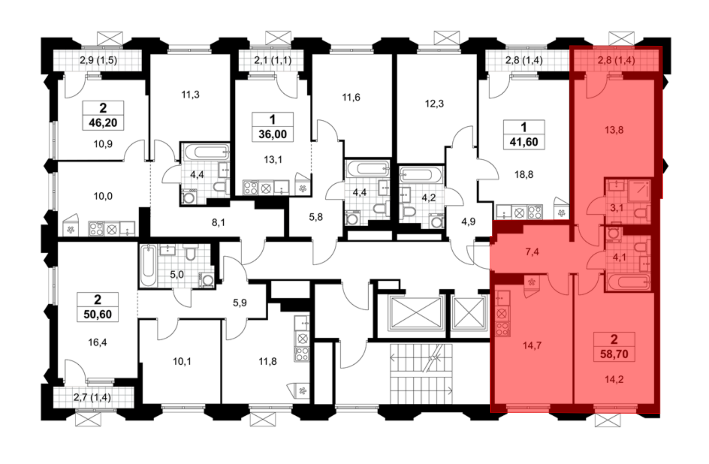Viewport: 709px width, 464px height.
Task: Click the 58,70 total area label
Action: pyautogui.click(x=614, y=354)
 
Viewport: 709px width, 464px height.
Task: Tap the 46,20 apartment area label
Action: pyautogui.click(x=103, y=123)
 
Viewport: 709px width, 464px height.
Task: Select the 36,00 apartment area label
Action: pyautogui.click(x=272, y=134)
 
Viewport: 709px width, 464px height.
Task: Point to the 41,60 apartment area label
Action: pyautogui.click(x=524, y=142)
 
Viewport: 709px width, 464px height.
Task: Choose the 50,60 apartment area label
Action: pyautogui.click(x=97, y=314)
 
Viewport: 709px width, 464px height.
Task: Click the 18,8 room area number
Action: pyautogui.click(x=524, y=175)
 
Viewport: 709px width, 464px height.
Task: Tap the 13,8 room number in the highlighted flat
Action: pyautogui.click(x=614, y=130)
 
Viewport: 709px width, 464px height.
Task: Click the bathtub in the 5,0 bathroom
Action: pyautogui.click(x=148, y=266)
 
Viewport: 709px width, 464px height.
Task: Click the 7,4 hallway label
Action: pyautogui.click(x=532, y=252)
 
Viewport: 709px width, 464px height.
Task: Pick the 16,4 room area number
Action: pyautogui.click(x=97, y=342)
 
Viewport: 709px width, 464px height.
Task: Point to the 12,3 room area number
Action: pyautogui.click(x=434, y=104)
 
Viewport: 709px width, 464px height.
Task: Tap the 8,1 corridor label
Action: pyautogui.click(x=218, y=223)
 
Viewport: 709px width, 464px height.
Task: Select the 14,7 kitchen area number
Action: pyautogui.click(x=532, y=345)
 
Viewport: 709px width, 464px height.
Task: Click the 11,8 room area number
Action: pyautogui.click(x=268, y=361)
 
